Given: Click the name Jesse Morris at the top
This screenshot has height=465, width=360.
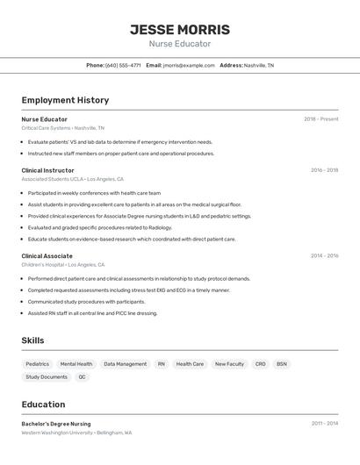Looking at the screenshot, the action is [179, 29].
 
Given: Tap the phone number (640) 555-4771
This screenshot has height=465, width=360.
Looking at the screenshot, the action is [123, 65].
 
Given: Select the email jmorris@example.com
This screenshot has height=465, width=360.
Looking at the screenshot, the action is [189, 65].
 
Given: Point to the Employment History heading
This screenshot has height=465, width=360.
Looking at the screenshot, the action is [65, 100].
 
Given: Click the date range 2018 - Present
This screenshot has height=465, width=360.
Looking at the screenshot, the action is [321, 119].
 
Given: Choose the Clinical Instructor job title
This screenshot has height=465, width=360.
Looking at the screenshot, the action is [47, 170].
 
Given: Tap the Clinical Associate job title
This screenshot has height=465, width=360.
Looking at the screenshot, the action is [47, 256].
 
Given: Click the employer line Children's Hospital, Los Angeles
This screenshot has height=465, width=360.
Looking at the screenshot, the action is [63, 264].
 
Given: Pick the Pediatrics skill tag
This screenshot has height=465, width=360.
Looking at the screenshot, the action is [38, 364].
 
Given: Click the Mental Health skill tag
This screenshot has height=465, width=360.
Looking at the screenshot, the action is [76, 364].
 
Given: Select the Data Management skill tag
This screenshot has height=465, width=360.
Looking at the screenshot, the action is [125, 364].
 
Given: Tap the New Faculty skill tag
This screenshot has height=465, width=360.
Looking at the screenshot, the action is [229, 364].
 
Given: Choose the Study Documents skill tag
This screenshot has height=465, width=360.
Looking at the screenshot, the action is [47, 377].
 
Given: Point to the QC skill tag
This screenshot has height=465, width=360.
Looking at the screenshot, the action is [82, 377].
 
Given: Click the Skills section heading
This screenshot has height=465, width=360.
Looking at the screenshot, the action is [32, 340].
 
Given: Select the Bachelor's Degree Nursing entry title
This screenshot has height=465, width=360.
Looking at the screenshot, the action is [56, 424].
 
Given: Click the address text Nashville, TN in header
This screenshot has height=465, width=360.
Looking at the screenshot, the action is [259, 65].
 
